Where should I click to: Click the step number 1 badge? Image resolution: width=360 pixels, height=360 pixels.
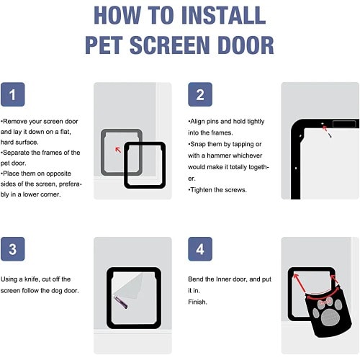(13, 94)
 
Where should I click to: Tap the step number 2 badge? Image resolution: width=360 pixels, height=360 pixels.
(200, 94)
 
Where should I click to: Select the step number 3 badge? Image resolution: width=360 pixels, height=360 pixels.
(13, 249)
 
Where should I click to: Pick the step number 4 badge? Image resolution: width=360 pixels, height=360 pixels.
(200, 249)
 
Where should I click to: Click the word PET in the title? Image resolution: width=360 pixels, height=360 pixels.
(104, 45)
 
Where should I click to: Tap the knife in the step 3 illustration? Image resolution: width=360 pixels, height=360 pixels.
(121, 302)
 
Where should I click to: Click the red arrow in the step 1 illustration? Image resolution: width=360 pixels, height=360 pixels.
(118, 150)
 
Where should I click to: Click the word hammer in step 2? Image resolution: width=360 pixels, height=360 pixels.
(219, 156)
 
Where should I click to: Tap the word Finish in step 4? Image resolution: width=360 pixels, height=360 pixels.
(197, 302)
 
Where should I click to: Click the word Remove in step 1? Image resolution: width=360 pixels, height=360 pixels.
(15, 122)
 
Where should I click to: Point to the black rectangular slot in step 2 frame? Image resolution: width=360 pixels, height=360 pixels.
(344, 124)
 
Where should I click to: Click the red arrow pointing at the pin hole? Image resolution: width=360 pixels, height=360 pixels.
(325, 128)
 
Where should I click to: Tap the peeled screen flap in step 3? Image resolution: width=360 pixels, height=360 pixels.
(128, 286)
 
